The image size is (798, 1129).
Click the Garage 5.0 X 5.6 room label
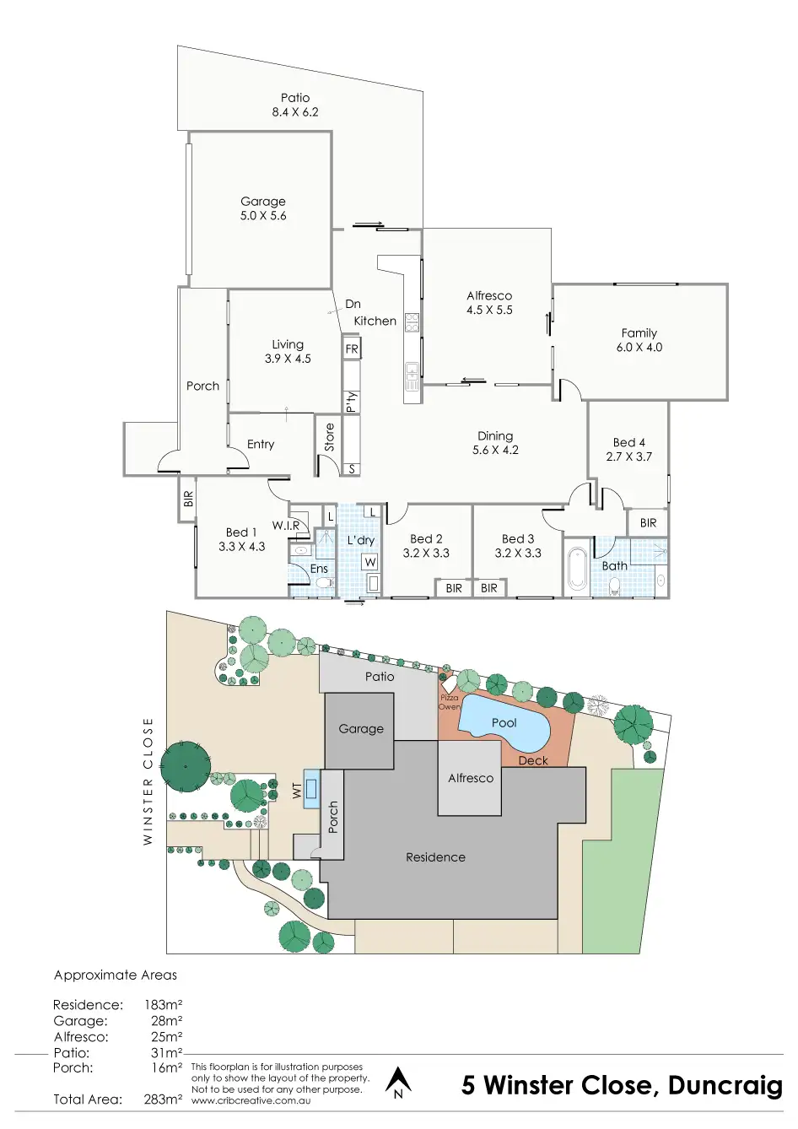click(263, 208)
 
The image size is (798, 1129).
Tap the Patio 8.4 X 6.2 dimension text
click(295, 112)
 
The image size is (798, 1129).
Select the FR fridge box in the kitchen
click(352, 348)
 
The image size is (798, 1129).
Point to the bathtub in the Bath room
click(578, 569)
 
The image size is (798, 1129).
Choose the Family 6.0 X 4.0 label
click(639, 340)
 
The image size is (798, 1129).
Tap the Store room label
click(330, 436)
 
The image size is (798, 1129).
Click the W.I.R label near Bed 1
click(286, 525)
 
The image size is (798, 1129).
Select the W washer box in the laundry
click(370, 562)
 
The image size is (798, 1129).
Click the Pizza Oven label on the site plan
click(450, 702)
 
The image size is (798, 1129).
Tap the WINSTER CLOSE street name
click(148, 781)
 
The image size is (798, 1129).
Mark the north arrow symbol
click(398, 1082)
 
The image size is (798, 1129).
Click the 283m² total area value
click(163, 1099)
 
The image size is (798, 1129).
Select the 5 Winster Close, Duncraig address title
click(622, 1085)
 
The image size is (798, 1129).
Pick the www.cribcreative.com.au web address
click(251, 1100)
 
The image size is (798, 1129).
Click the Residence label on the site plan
click(435, 857)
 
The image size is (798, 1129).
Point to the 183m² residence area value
click(163, 1005)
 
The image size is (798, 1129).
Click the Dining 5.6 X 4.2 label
click(495, 443)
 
